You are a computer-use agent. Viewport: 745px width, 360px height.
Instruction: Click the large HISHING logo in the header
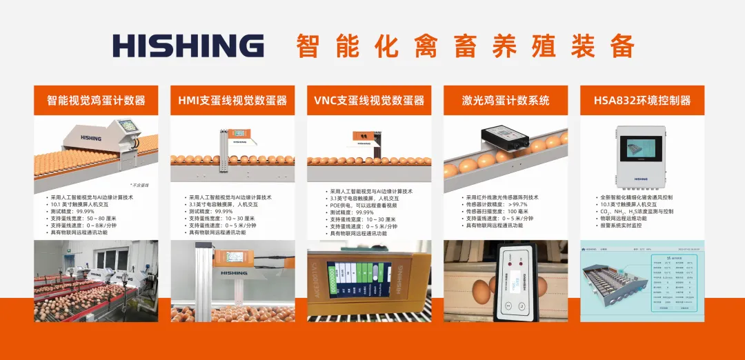click(x=188, y=46)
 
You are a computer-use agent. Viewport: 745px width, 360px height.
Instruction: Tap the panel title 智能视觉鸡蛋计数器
click(x=96, y=101)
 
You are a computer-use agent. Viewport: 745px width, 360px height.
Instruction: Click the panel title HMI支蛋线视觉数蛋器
click(x=232, y=101)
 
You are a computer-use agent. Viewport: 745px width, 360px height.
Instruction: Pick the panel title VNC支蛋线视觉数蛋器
click(x=369, y=101)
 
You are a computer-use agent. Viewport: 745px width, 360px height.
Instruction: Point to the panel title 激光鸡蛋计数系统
click(x=506, y=101)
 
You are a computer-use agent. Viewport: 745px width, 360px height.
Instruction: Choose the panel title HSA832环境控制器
click(x=642, y=101)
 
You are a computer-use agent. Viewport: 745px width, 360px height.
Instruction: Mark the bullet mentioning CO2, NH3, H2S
click(x=635, y=211)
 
